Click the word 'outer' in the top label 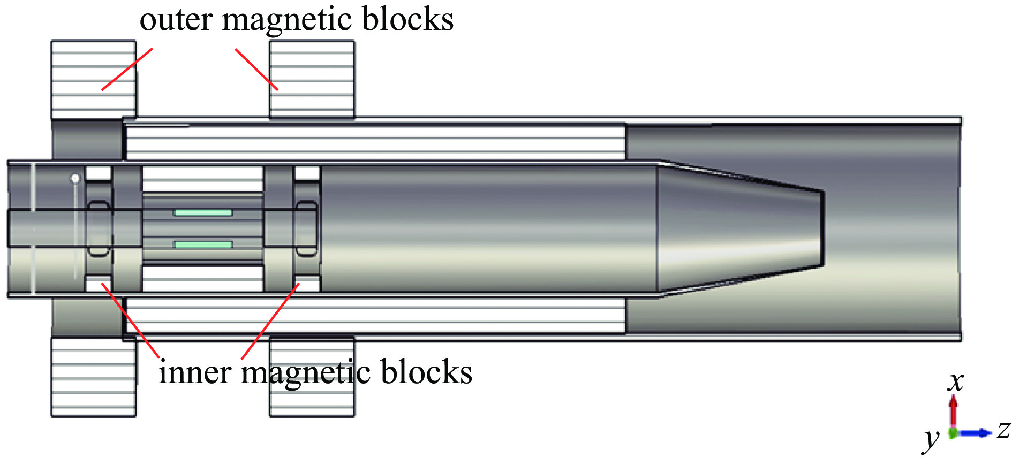tap(176, 20)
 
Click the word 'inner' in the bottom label tap(195, 372)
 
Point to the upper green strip tap(203, 213)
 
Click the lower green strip tap(203, 245)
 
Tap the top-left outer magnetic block tap(93, 79)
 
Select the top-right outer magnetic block tap(312, 79)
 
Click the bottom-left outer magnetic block tap(93, 377)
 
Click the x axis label tap(956, 381)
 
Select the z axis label tap(1003, 429)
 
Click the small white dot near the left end tap(75, 178)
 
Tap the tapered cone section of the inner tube tap(739, 227)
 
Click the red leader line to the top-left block tap(127, 69)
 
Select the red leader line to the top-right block tap(256, 70)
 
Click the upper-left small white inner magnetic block tap(98, 173)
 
